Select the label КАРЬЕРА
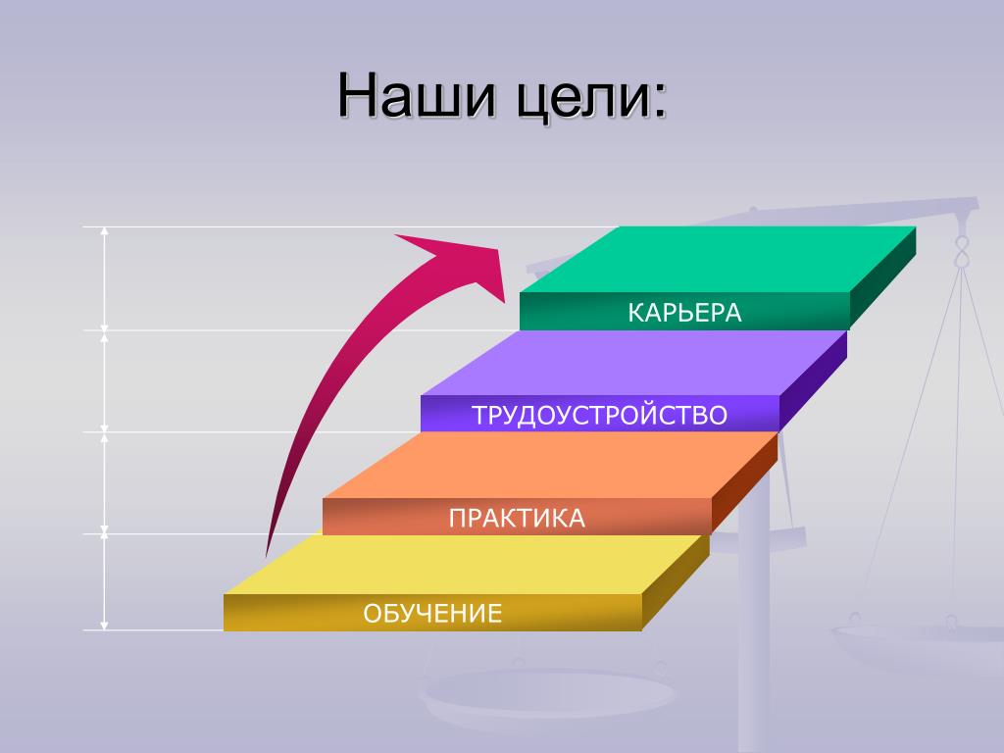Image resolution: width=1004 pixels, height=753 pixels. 684,313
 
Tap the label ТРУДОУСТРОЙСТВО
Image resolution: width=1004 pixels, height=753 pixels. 599,415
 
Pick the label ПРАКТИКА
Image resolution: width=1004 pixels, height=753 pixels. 517,518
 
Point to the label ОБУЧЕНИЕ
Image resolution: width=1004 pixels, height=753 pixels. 432,614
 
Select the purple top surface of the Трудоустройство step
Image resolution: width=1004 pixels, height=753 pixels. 634,363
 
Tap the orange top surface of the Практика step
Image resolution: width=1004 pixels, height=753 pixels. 551,466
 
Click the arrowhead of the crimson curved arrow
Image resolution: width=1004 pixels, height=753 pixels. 461,263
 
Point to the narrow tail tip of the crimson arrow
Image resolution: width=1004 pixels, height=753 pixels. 267,555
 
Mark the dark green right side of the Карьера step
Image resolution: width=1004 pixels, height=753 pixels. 883,277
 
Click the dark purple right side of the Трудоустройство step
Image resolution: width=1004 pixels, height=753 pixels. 813,381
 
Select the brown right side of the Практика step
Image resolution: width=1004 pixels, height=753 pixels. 745,483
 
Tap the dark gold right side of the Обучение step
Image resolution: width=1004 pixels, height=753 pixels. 676,582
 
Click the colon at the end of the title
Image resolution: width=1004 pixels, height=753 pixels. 660,102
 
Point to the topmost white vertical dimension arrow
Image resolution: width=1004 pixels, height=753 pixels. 104,278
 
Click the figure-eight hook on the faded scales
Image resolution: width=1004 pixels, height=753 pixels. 961,250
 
